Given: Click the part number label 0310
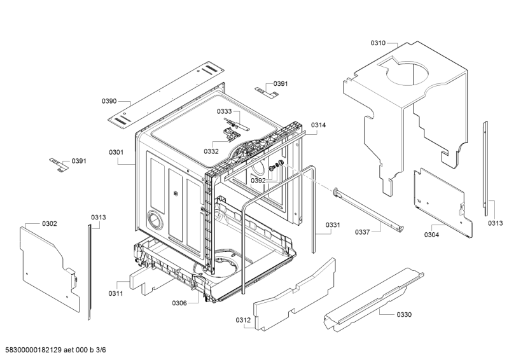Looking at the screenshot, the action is (x=378, y=43).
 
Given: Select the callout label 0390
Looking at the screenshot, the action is (x=109, y=101).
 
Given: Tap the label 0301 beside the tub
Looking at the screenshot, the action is (x=116, y=152).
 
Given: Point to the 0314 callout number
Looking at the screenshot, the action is (x=319, y=125).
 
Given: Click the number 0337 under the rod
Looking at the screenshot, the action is (x=362, y=232).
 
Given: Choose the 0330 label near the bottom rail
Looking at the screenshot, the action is (x=404, y=314).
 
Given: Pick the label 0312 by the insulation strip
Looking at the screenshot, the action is (x=243, y=320).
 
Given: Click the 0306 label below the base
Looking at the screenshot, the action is (x=179, y=303).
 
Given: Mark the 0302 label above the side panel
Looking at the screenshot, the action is (x=50, y=223).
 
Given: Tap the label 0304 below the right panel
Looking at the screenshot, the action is (x=432, y=234).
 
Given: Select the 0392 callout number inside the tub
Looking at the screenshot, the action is (x=258, y=181).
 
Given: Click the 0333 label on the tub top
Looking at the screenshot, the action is (x=225, y=111).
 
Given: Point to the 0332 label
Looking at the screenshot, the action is (x=211, y=151).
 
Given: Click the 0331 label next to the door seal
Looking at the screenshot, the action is (x=333, y=225).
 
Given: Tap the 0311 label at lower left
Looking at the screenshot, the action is (x=116, y=293).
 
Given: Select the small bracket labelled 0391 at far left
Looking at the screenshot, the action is (x=59, y=165).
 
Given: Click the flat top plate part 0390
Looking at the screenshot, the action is (x=166, y=96).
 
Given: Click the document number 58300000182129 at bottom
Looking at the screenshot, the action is (x=34, y=350).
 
